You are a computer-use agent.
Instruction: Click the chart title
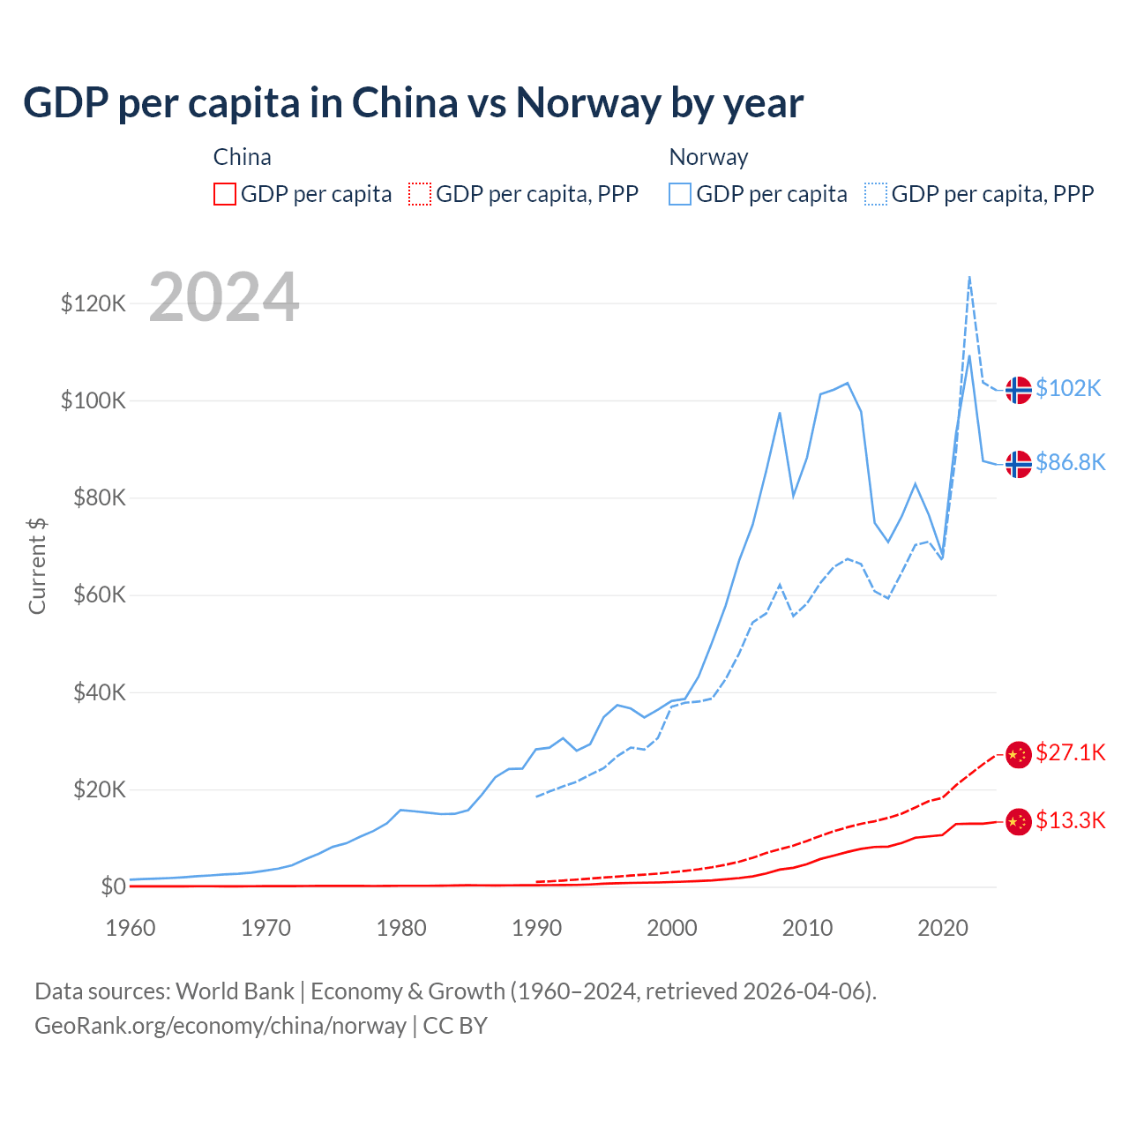coord(413,102)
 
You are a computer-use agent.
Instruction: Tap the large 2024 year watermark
coord(224,297)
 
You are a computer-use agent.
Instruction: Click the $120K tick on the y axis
coord(93,304)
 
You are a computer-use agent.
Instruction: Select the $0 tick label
coord(113,886)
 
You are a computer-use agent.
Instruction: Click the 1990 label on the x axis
coord(536,928)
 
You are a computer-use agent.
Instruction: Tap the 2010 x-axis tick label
coord(807,928)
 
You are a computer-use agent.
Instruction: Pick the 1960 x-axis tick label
coord(131,928)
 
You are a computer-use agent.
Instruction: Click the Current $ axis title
coord(37,566)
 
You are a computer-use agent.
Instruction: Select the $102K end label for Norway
coord(1068,389)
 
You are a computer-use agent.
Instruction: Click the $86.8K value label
coord(1070,463)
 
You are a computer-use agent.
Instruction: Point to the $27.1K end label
coord(1070,752)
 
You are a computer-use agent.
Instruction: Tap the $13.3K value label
coord(1070,821)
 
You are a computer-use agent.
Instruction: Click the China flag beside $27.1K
coord(1019,754)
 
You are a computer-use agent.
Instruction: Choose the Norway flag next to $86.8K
coord(1019,464)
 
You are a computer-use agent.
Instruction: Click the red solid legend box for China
coord(225,194)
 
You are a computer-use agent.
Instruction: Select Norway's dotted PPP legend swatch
coord(876,194)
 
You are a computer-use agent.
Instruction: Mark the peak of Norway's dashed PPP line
coord(969,277)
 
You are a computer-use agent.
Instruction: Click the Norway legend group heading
coord(708,157)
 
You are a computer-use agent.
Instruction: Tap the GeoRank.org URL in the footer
coord(221,1026)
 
